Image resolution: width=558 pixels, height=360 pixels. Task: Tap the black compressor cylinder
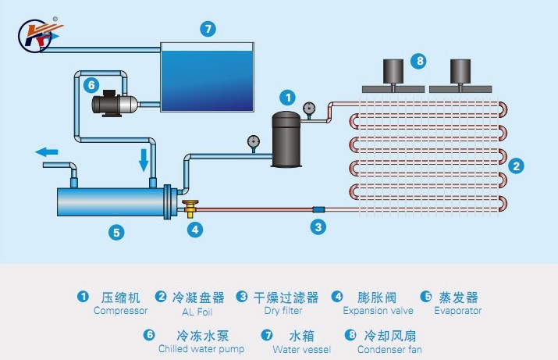[x=286, y=139]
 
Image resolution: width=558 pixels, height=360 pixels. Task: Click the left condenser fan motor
[x=395, y=71]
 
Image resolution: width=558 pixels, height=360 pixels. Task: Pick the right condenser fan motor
[x=463, y=71]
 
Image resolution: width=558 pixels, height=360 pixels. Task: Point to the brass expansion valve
[x=191, y=208]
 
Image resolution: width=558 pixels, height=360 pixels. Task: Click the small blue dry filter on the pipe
[x=318, y=209]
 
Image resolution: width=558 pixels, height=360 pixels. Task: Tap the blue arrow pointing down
[x=144, y=160]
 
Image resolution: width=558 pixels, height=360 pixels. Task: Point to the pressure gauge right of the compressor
[x=310, y=108]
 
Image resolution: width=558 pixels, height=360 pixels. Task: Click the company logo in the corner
[x=35, y=33]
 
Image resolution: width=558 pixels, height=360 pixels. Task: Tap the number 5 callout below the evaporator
[x=116, y=232]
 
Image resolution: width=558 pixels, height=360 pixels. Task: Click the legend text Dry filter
[x=282, y=311]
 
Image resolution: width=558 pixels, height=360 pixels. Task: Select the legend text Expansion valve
[x=371, y=311]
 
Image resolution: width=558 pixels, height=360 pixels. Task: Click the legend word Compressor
[x=119, y=311]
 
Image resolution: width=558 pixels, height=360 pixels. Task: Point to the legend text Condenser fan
[x=389, y=349]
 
